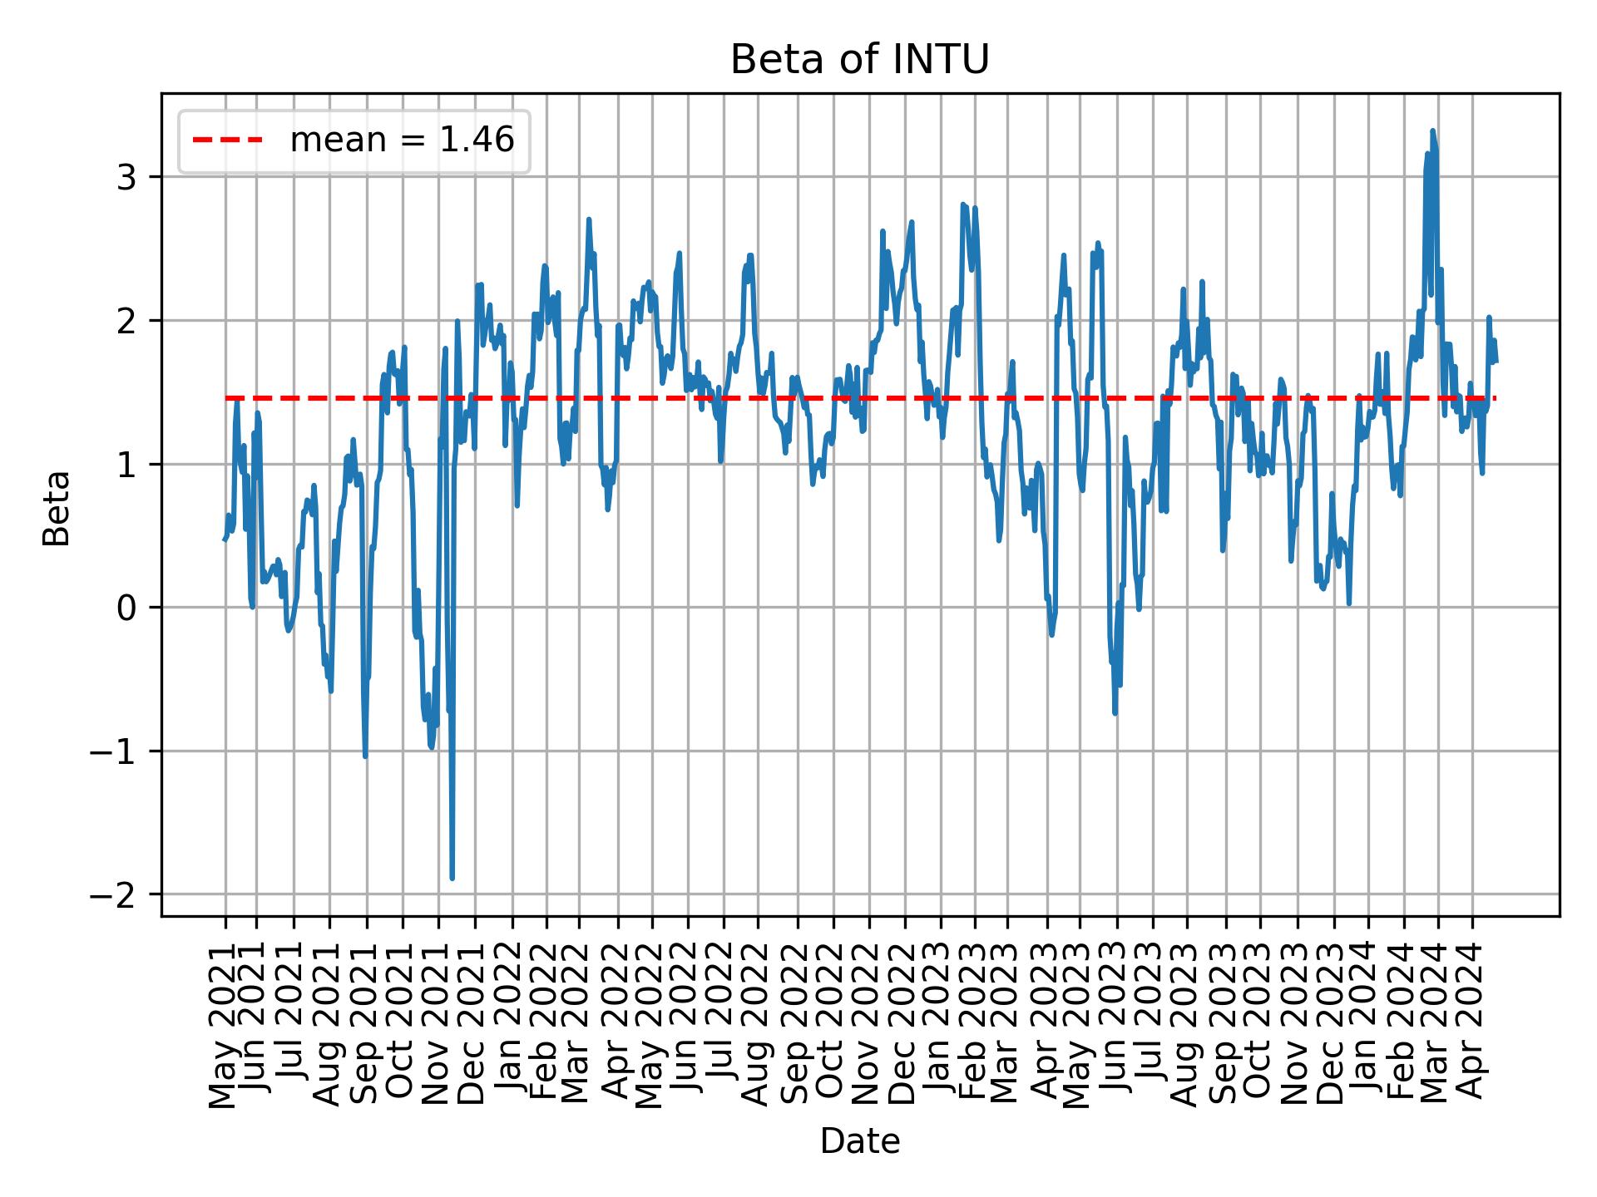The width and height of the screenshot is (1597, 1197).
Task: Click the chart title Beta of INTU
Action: (x=859, y=60)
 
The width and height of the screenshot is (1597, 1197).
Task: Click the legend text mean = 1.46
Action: (x=402, y=140)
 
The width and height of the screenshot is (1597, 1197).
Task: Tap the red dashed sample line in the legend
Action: (x=228, y=140)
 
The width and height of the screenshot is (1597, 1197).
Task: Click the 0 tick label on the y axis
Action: (x=126, y=608)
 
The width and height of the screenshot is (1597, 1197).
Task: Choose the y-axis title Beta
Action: (x=57, y=508)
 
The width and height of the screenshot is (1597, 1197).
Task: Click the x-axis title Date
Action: (x=859, y=1141)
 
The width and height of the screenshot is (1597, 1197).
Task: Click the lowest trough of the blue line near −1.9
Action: (x=452, y=878)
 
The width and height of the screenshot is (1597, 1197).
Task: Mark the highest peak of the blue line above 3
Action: (x=1432, y=131)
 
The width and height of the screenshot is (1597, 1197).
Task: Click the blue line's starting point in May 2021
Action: (x=225, y=540)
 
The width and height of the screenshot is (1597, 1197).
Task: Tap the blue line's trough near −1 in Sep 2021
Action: (x=365, y=756)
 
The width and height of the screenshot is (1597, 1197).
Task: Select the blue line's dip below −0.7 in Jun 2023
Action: (x=1115, y=713)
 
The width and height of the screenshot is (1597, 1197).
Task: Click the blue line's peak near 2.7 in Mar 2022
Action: (x=589, y=220)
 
